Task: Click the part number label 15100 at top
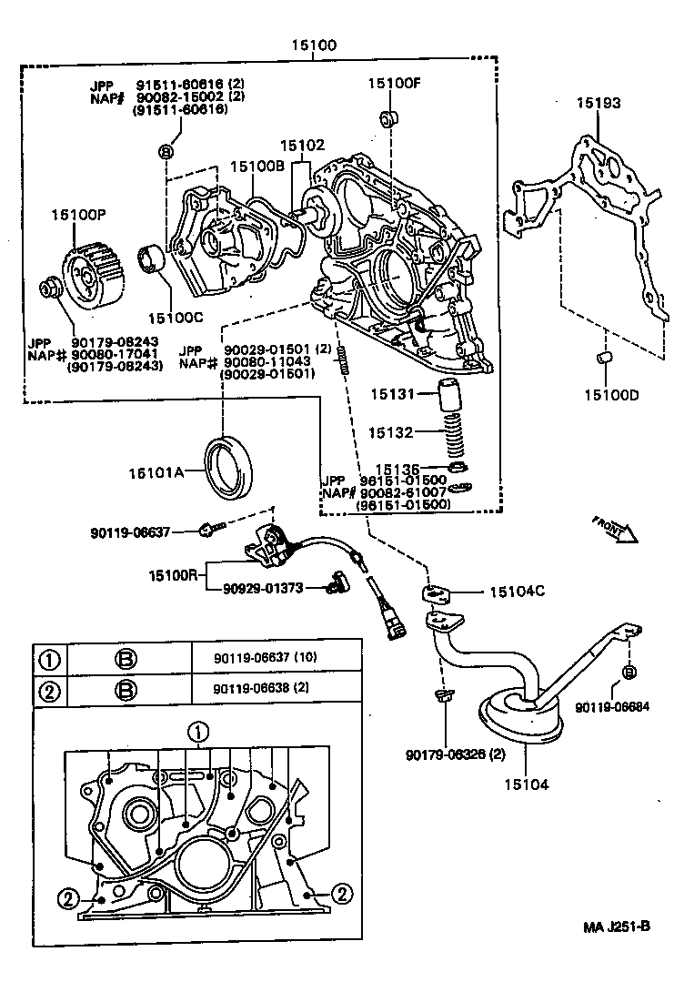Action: (x=314, y=45)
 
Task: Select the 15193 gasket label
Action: (x=598, y=103)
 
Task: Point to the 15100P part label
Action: (x=78, y=215)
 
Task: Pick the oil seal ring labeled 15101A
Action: (x=231, y=467)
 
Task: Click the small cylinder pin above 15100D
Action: (x=602, y=361)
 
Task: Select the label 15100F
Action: (x=395, y=83)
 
